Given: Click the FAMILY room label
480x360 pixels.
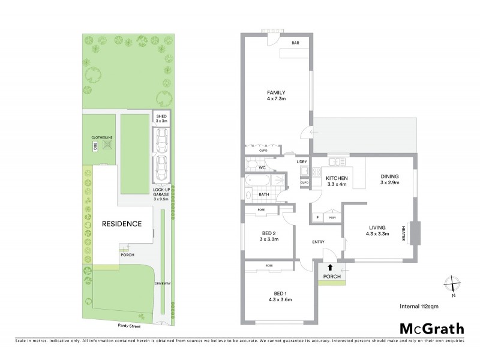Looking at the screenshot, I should (x=276, y=95).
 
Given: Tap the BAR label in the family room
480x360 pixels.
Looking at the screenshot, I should (x=295, y=43).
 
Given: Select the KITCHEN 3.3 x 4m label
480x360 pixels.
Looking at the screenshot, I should (x=337, y=182).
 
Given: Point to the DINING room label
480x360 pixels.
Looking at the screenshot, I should (x=389, y=179).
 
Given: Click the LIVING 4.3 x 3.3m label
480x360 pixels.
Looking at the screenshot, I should (x=377, y=230).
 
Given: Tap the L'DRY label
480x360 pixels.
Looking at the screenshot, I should (x=302, y=162).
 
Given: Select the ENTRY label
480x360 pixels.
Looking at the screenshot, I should (x=318, y=242).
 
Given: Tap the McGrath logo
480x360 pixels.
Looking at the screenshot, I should (x=431, y=328).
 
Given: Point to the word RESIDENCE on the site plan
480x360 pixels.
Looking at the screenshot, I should (x=121, y=224).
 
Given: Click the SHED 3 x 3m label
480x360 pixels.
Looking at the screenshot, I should (x=161, y=119).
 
